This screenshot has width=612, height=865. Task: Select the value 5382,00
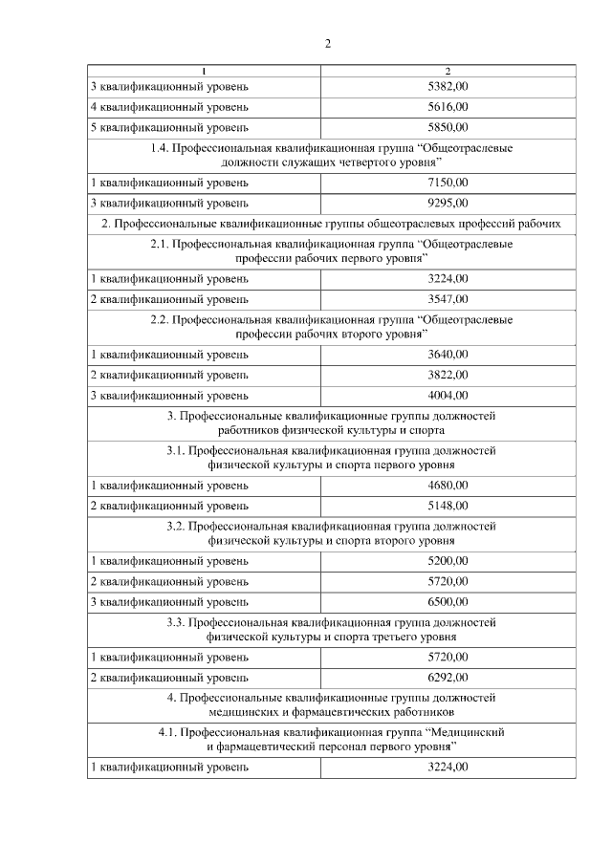(x=448, y=87)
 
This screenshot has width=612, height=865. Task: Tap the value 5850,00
(x=448, y=127)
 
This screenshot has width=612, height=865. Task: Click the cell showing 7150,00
(x=448, y=182)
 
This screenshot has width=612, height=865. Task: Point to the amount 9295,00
(x=448, y=203)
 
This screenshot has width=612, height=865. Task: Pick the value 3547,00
(x=448, y=299)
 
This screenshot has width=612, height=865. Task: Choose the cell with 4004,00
(x=448, y=395)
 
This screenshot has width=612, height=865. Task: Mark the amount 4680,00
(x=448, y=486)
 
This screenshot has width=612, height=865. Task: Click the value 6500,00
(x=448, y=601)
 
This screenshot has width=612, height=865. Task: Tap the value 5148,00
(x=448, y=506)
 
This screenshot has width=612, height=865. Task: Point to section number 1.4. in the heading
(x=161, y=149)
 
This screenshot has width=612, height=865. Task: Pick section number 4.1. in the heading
(x=167, y=731)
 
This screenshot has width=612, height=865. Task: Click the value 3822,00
(x=448, y=375)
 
